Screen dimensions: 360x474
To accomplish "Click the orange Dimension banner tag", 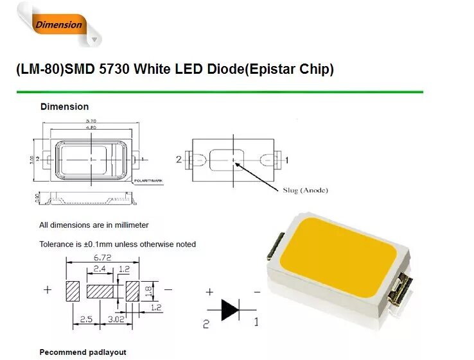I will point(59,25).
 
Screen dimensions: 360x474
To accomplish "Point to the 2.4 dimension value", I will point(100,269).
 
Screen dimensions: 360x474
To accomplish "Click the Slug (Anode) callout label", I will point(305,190).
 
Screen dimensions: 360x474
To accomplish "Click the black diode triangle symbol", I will point(231,309).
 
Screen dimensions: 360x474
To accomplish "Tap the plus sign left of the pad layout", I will point(47,289).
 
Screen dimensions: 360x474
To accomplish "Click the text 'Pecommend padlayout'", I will point(83,352).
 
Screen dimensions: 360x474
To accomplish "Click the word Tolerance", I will point(57,244).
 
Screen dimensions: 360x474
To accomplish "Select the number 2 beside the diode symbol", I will point(206,324).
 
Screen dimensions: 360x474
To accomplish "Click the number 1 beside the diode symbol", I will point(256,322).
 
